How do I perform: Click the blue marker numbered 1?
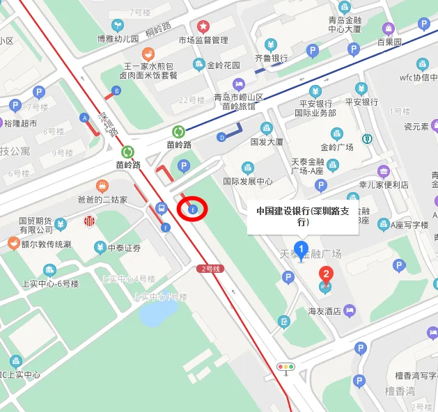[301, 248]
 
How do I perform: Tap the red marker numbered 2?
[324, 274]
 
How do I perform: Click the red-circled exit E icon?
[194, 209]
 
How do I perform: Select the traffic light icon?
[286, 367]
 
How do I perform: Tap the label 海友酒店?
[323, 310]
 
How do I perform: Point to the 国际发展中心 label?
[247, 182]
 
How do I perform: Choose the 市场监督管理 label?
[203, 40]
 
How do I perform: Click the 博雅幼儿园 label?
[118, 39]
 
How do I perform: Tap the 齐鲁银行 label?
[271, 58]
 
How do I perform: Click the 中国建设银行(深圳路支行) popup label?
[302, 216]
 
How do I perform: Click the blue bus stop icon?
[162, 207]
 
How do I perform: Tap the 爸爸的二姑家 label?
[102, 199]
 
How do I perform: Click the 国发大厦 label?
[267, 142]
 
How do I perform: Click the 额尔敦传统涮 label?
[46, 244]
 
